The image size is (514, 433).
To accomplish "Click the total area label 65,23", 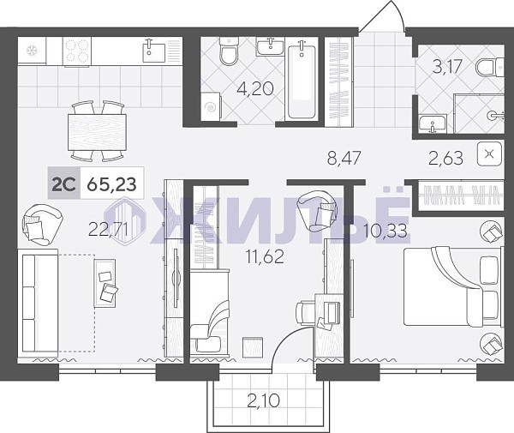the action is [x=111, y=184].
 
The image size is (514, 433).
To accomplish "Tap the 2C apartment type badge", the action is [x=64, y=183].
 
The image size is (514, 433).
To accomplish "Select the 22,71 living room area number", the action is [x=109, y=229].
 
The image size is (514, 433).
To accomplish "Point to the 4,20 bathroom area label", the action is [x=255, y=88].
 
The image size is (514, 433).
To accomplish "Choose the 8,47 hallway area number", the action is [x=344, y=158].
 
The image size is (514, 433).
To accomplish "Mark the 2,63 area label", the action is [x=446, y=158].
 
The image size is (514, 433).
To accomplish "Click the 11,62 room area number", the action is [x=265, y=256].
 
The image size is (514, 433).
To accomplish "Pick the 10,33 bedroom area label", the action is [x=385, y=231].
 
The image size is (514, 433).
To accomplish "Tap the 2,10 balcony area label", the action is [x=264, y=400].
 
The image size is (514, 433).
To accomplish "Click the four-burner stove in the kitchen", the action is [x=76, y=51].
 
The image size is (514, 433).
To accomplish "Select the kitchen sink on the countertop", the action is [x=154, y=52].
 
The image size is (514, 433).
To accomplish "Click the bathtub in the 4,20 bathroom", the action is [x=302, y=81].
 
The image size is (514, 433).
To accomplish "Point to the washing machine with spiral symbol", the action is [x=211, y=106].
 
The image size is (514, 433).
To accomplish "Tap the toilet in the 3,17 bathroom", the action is [x=489, y=68].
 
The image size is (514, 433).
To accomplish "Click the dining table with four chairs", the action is [x=97, y=132].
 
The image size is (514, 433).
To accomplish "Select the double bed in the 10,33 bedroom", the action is [x=452, y=286].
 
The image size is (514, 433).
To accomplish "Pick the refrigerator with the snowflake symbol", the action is [x=32, y=51].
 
